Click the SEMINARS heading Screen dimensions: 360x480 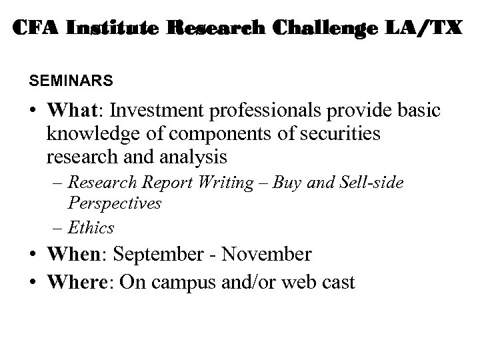click(71, 81)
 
